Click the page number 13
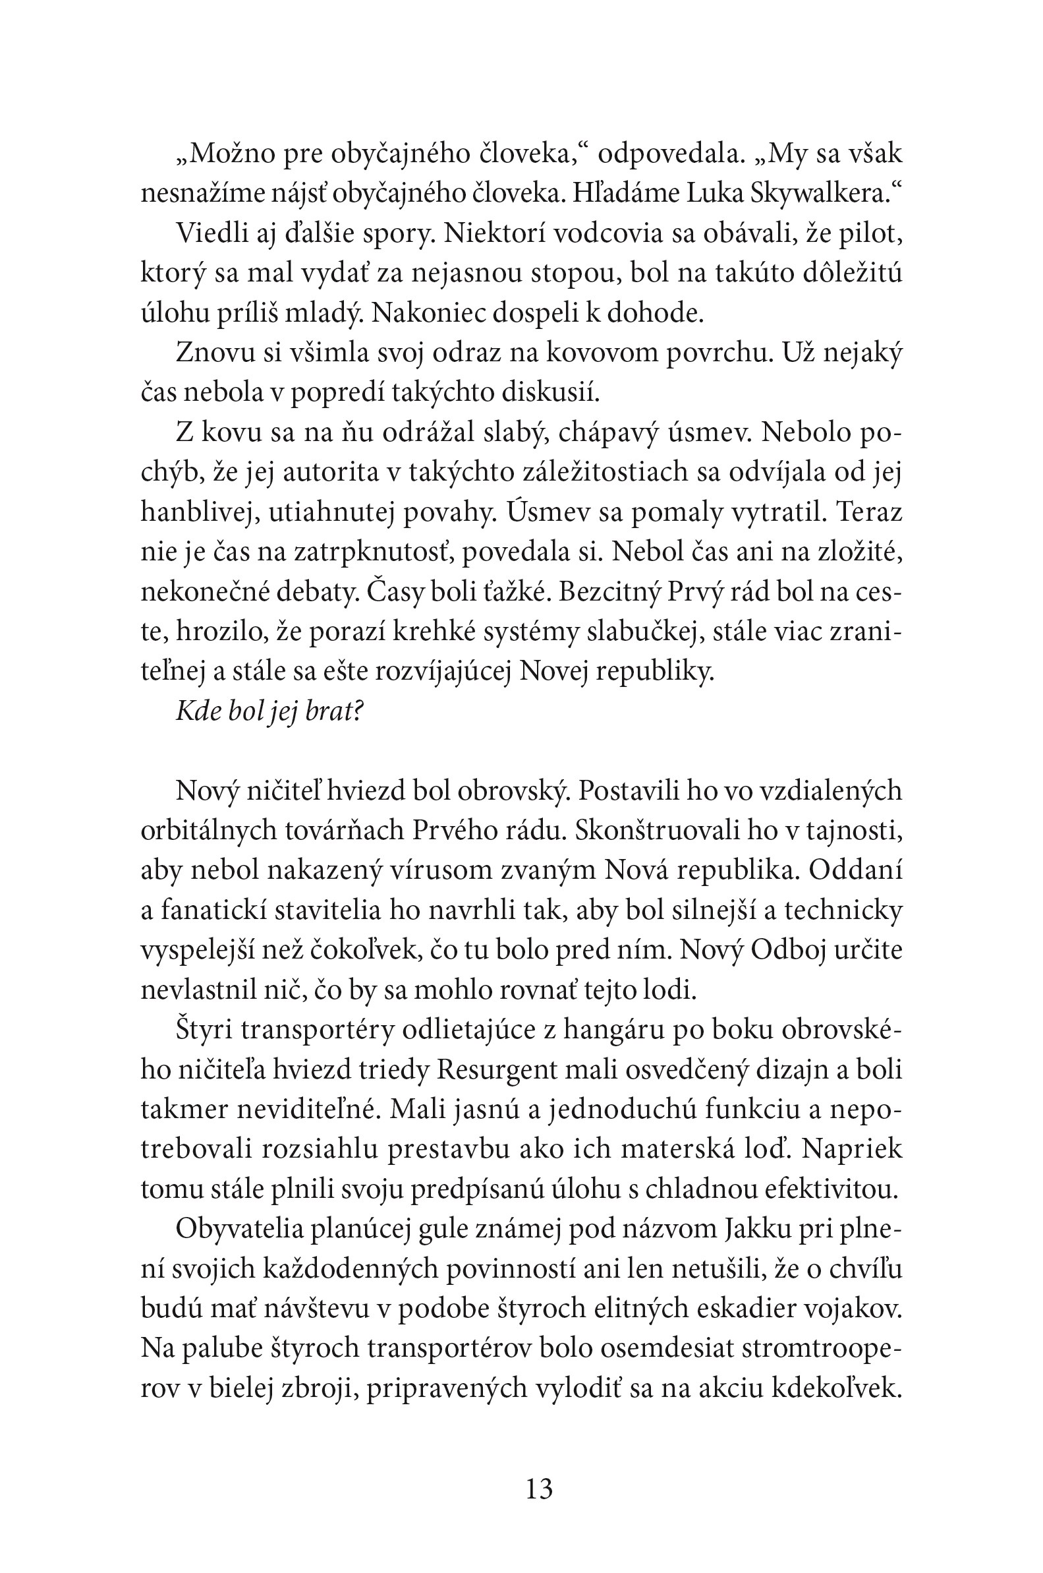click(x=539, y=1489)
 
